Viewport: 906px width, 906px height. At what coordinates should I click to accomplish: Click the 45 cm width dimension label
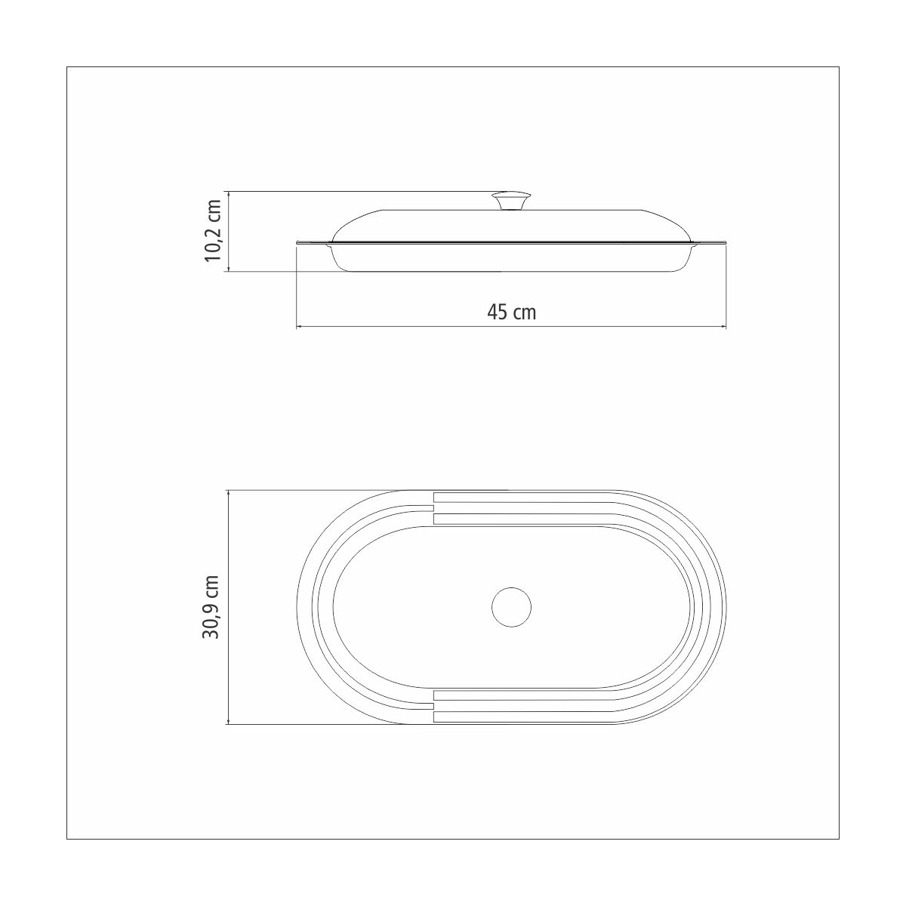[x=512, y=312]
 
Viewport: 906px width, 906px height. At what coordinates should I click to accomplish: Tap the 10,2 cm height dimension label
[x=212, y=230]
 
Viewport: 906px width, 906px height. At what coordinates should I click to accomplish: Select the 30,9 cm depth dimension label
[x=211, y=606]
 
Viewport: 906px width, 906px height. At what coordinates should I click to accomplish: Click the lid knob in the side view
[x=511, y=201]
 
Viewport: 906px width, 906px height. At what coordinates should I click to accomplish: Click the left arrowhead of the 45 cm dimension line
[x=299, y=326]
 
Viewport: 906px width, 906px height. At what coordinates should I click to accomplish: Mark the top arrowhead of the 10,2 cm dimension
[x=228, y=194]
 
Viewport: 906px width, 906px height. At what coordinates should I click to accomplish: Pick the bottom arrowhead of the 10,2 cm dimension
[x=228, y=268]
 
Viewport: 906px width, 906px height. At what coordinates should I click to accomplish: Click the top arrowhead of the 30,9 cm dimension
[x=228, y=494]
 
